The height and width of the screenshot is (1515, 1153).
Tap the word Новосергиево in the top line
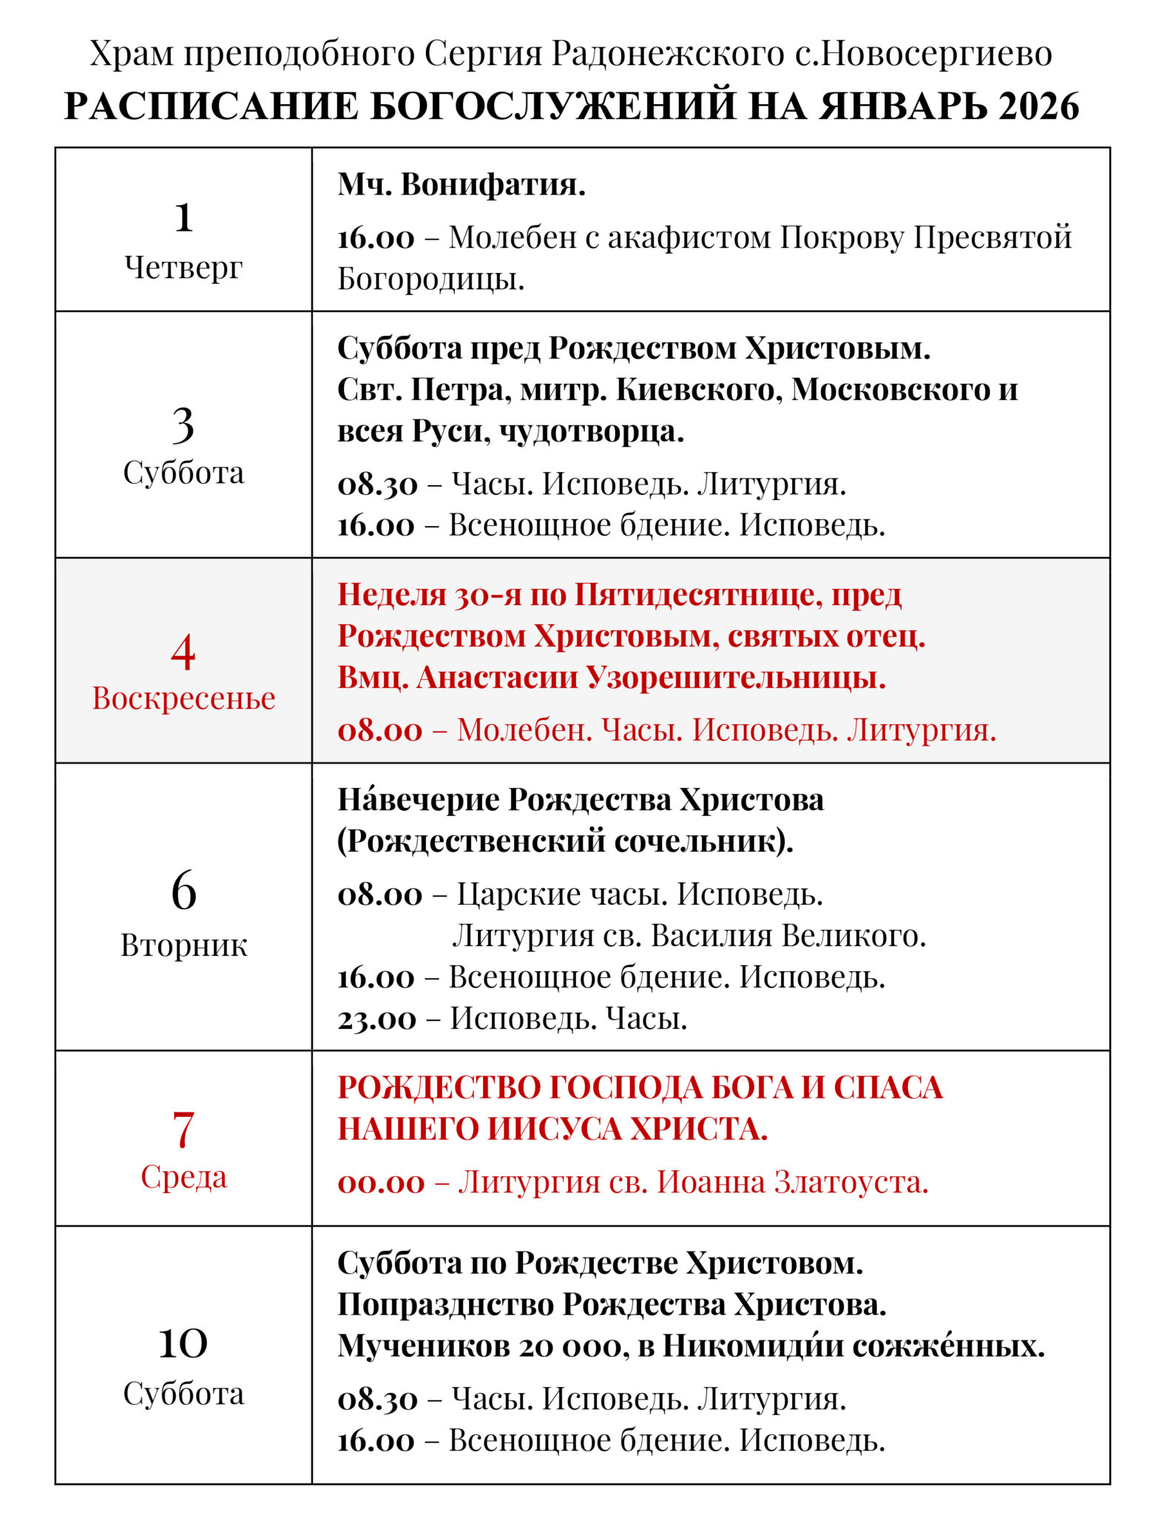[x=936, y=54]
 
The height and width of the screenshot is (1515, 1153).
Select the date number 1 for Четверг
[x=183, y=217]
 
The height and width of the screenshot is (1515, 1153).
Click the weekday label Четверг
[x=183, y=267]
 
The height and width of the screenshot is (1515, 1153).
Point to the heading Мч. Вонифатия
[x=461, y=184]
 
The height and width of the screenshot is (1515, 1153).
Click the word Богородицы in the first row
[x=430, y=279]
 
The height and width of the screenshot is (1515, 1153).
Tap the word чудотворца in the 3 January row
[x=591, y=431]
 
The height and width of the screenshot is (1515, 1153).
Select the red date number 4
[x=183, y=652]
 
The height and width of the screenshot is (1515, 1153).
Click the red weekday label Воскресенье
[x=183, y=698]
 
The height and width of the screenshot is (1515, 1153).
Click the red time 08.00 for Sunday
[x=380, y=730]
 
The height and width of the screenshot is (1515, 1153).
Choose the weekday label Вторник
[x=183, y=945]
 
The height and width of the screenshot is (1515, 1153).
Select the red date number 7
[x=183, y=1129]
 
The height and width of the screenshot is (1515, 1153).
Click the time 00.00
[x=382, y=1182]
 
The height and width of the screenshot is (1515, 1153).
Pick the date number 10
[x=183, y=1343]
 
